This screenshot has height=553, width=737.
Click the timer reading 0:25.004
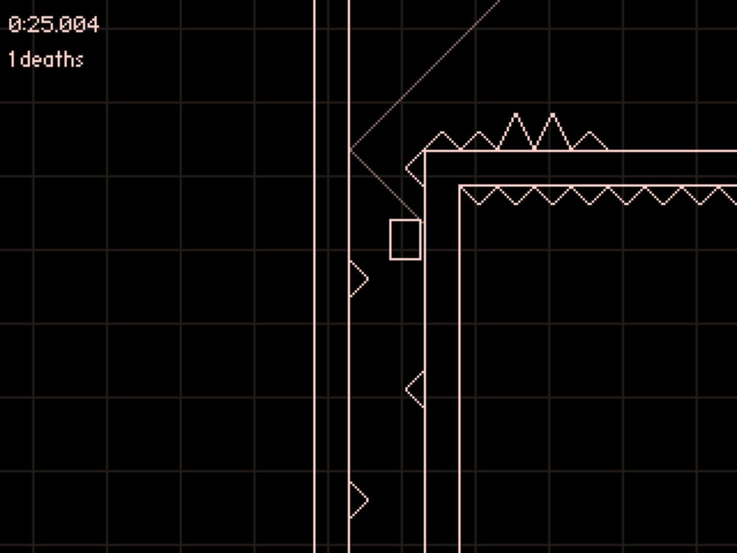coord(54,25)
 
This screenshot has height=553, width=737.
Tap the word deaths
coord(52,59)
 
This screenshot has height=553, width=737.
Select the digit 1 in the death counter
coord(12,59)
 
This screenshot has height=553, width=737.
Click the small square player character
coord(405,240)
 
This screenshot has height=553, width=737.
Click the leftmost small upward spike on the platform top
coord(442,141)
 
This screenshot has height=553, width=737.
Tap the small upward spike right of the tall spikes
coord(590,141)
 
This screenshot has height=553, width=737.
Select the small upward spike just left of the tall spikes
coord(479,141)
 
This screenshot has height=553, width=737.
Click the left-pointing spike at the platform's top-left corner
coord(415,168)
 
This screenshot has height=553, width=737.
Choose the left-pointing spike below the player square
coord(415,390)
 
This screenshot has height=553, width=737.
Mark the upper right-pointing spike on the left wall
coord(359,279)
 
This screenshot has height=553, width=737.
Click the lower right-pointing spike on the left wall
coord(359,500)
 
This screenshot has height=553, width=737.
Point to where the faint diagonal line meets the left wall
coord(350,150)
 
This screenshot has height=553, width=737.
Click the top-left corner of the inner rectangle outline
coord(460,186)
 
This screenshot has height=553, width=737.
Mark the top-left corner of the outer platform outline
coord(425,152)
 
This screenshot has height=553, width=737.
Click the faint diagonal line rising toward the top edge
coord(425,75)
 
